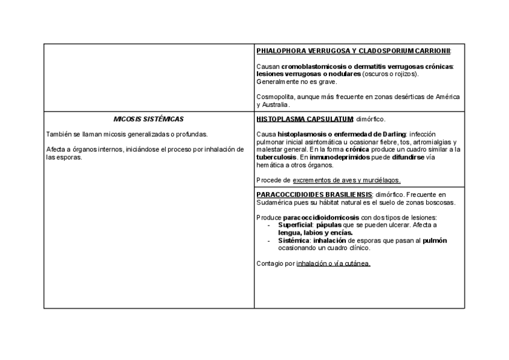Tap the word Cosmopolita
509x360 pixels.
pyautogui.click(x=274, y=97)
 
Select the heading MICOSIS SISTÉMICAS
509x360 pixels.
pyautogui.click(x=148, y=119)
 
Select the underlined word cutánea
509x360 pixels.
pyautogui.click(x=359, y=263)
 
